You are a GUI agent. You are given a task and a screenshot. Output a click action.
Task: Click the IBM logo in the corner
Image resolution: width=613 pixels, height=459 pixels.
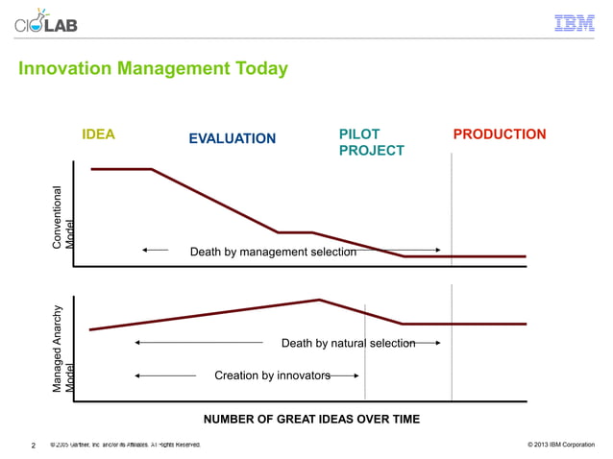[575, 23]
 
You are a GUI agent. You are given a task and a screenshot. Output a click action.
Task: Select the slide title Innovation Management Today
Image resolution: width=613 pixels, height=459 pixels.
[153, 69]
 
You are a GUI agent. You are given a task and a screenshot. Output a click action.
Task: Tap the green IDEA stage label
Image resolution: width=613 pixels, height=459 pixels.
[99, 134]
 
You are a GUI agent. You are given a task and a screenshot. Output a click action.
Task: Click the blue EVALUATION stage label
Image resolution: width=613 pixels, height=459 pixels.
[232, 139]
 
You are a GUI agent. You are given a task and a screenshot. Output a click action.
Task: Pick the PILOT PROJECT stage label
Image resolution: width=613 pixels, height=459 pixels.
[371, 142]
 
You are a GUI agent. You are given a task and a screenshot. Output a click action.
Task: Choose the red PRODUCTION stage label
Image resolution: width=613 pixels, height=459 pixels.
[499, 134]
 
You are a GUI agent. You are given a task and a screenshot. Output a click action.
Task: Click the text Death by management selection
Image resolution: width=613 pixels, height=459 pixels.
[273, 252]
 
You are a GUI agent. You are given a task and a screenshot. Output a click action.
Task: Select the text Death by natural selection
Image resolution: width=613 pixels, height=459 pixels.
[348, 343]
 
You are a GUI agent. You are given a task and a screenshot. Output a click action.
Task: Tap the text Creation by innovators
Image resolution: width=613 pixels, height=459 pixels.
[272, 374]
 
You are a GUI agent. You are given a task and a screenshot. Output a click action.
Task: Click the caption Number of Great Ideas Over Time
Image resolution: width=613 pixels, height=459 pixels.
[311, 419]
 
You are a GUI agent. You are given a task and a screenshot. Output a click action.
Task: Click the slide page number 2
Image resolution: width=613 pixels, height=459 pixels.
[34, 446]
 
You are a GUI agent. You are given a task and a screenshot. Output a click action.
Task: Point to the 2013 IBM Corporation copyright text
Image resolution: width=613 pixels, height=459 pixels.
[561, 446]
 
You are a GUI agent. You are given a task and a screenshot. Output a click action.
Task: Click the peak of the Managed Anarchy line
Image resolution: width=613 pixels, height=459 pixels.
[319, 300]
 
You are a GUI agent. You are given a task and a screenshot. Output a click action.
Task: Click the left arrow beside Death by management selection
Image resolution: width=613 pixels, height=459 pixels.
[154, 250]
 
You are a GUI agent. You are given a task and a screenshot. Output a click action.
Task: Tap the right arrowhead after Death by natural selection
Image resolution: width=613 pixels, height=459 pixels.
[436, 343]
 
